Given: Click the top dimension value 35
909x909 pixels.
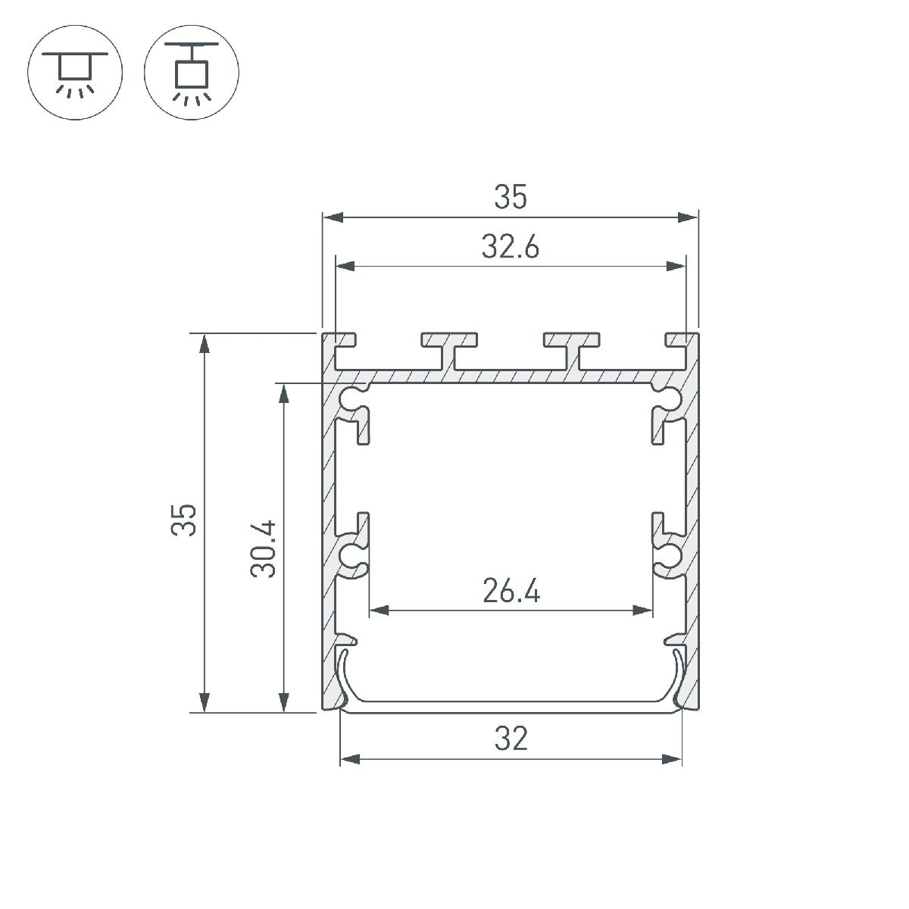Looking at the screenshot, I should coord(510,198).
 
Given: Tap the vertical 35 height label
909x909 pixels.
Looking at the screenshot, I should coord(184,520).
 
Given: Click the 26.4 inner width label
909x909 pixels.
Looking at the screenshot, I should coord(511,590).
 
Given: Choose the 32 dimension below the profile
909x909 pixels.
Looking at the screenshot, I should coord(511,738).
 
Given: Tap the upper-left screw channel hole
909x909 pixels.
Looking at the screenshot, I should coord(352,396).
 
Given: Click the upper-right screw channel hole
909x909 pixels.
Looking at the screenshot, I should coord(668,396).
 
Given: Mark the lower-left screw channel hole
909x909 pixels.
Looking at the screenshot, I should coord(352,555).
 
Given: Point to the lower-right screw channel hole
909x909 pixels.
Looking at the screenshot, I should coord(668,555).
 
